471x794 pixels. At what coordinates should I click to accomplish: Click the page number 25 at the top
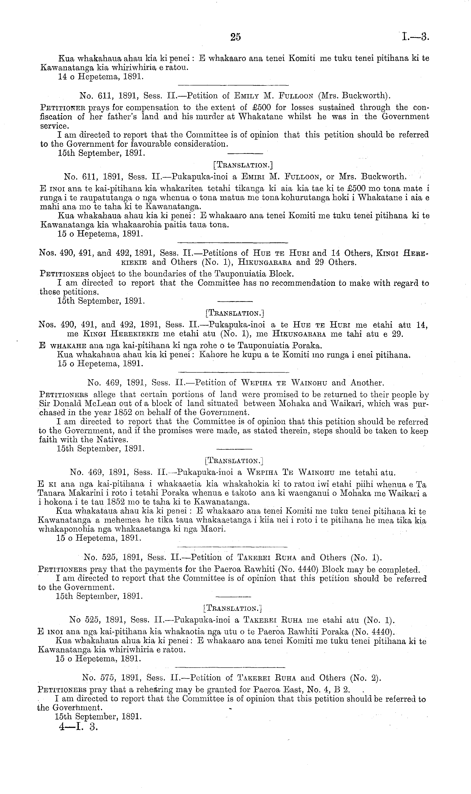coord(235,37)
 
